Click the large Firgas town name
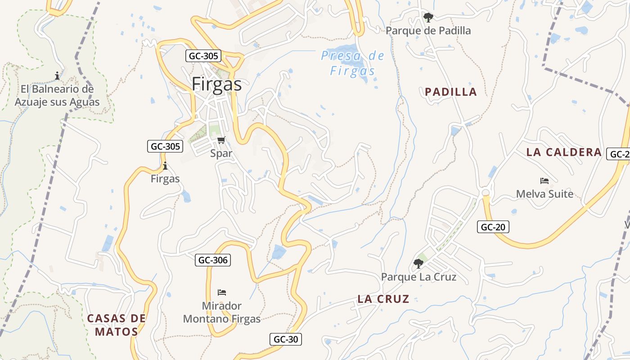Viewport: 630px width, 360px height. [216, 84]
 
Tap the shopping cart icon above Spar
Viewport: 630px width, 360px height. [221, 140]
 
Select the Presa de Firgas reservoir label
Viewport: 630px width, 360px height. [352, 63]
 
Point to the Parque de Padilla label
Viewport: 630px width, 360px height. [428, 31]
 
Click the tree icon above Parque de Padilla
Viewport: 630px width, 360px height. [428, 18]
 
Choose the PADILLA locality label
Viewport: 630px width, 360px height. [450, 92]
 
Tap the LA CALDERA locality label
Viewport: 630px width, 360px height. [564, 152]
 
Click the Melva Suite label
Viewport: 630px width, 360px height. [544, 194]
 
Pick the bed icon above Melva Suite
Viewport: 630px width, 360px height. [544, 181]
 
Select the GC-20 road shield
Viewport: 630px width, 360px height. [493, 227]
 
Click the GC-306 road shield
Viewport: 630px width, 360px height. [213, 260]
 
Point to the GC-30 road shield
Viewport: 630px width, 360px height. [286, 339]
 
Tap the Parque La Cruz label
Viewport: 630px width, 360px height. [418, 277]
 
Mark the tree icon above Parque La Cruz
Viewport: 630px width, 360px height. [418, 263]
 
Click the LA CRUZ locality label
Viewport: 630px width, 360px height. [383, 299]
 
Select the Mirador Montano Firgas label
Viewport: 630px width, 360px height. [222, 312]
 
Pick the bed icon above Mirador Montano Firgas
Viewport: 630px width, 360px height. [221, 292]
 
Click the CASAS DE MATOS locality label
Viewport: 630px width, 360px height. [116, 325]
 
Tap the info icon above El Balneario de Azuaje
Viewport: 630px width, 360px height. [57, 76]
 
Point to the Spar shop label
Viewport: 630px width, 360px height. [221, 153]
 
